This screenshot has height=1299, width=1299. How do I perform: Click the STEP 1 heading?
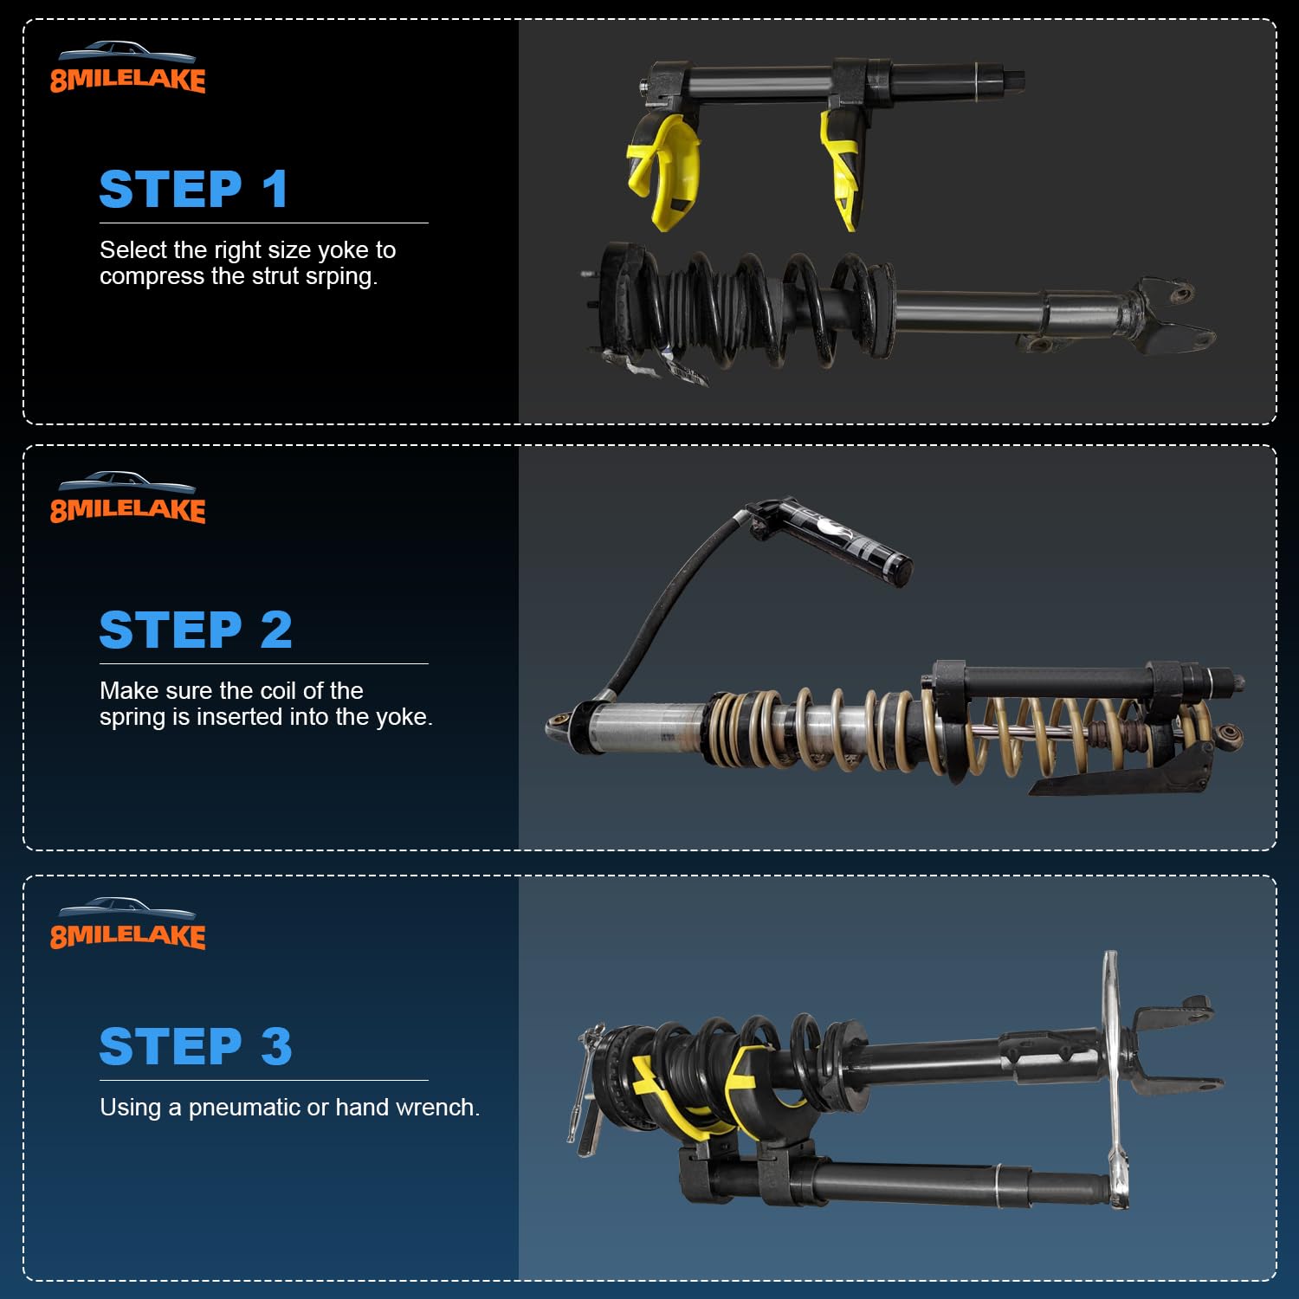(x=193, y=189)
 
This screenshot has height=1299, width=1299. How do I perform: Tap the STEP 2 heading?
(x=195, y=630)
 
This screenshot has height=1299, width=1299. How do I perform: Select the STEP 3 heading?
(x=195, y=1046)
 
